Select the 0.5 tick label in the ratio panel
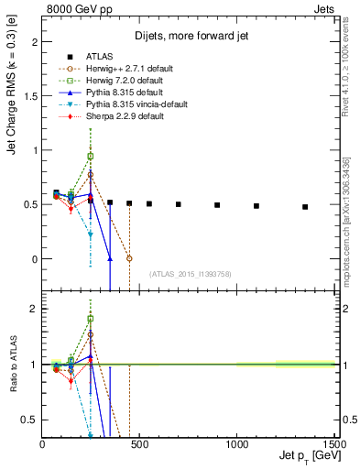tap(31, 420)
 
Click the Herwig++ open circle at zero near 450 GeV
tap(129, 258)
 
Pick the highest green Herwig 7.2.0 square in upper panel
tap(90, 156)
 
